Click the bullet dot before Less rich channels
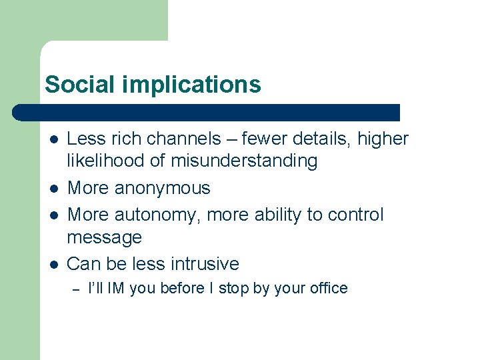coord(53,139)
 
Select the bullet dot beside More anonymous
coord(53,189)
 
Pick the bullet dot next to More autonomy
coord(53,215)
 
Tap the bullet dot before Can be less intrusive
coord(53,264)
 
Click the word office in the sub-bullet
coord(327,289)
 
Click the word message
coord(105,237)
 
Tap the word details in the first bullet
coord(324,139)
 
